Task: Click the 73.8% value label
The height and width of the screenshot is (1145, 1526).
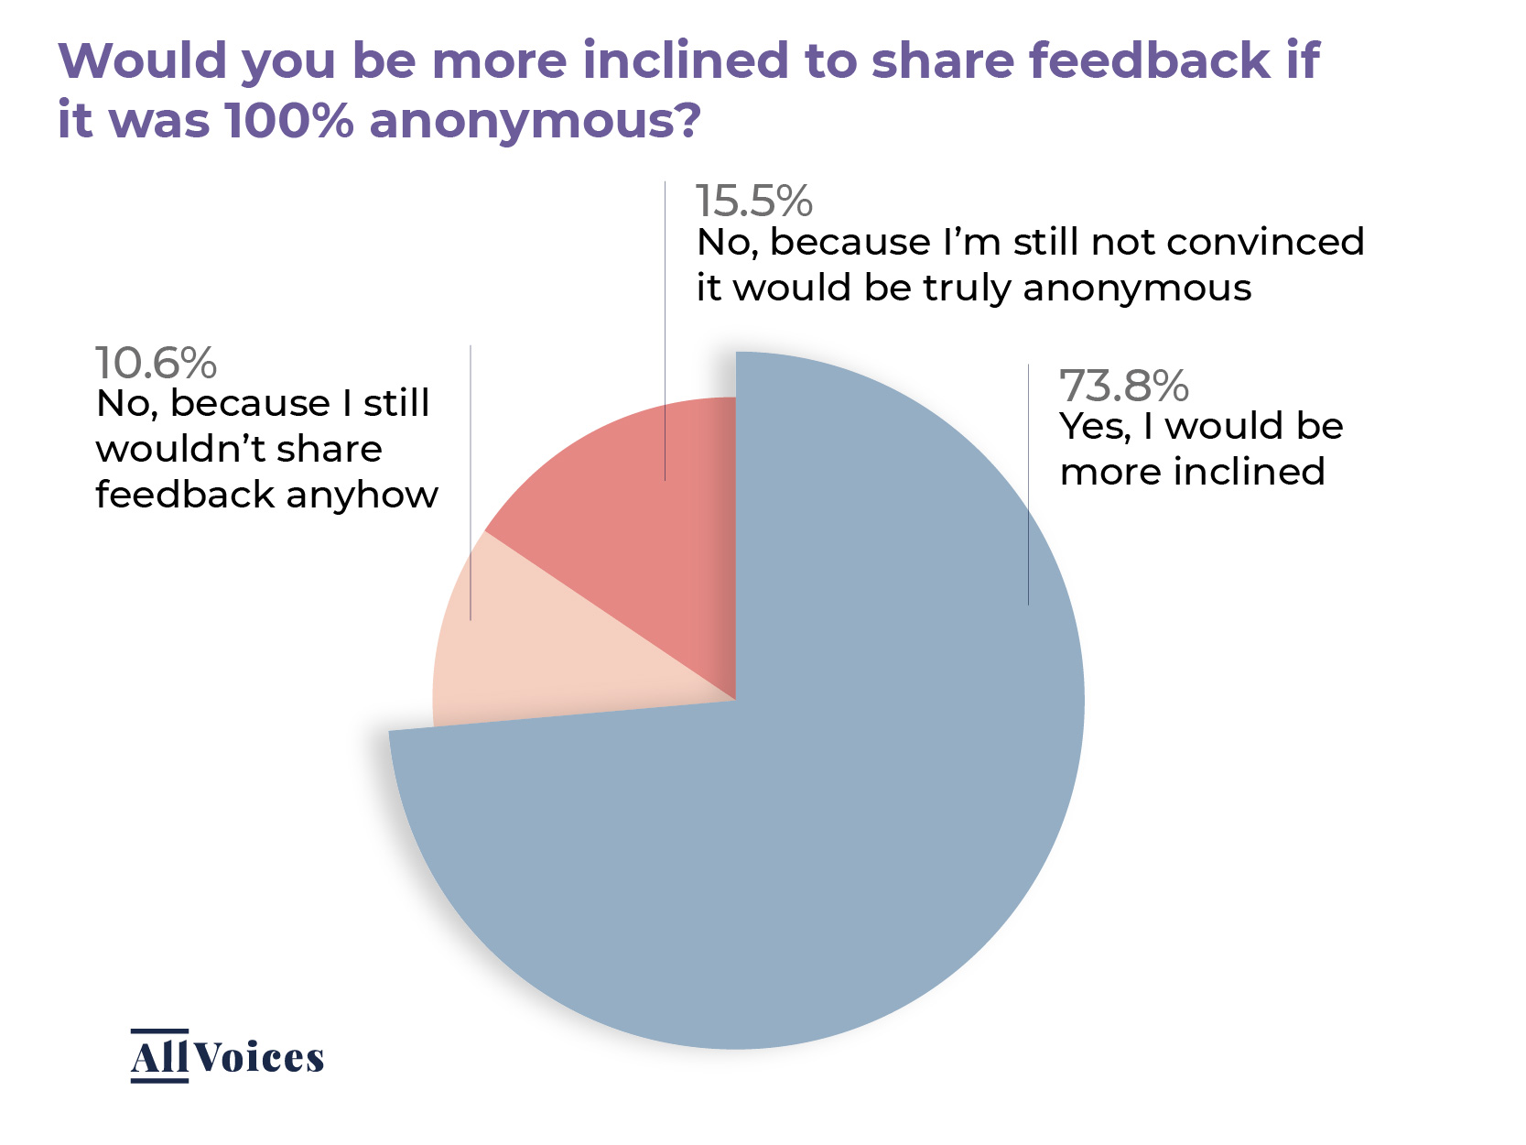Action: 1123,387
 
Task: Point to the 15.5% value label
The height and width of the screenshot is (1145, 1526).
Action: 753,202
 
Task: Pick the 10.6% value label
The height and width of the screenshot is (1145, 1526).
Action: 156,364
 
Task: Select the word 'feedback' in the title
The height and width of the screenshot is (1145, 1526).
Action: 1149,60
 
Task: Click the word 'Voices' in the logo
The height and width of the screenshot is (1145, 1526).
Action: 259,1058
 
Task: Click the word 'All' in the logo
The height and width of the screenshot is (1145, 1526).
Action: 159,1058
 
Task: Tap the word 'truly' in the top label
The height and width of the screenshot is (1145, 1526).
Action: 968,289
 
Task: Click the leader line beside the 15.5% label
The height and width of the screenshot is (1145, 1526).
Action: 665,330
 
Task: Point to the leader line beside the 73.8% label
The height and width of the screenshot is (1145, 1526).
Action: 1028,485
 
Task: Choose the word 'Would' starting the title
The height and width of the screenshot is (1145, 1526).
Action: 142,60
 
